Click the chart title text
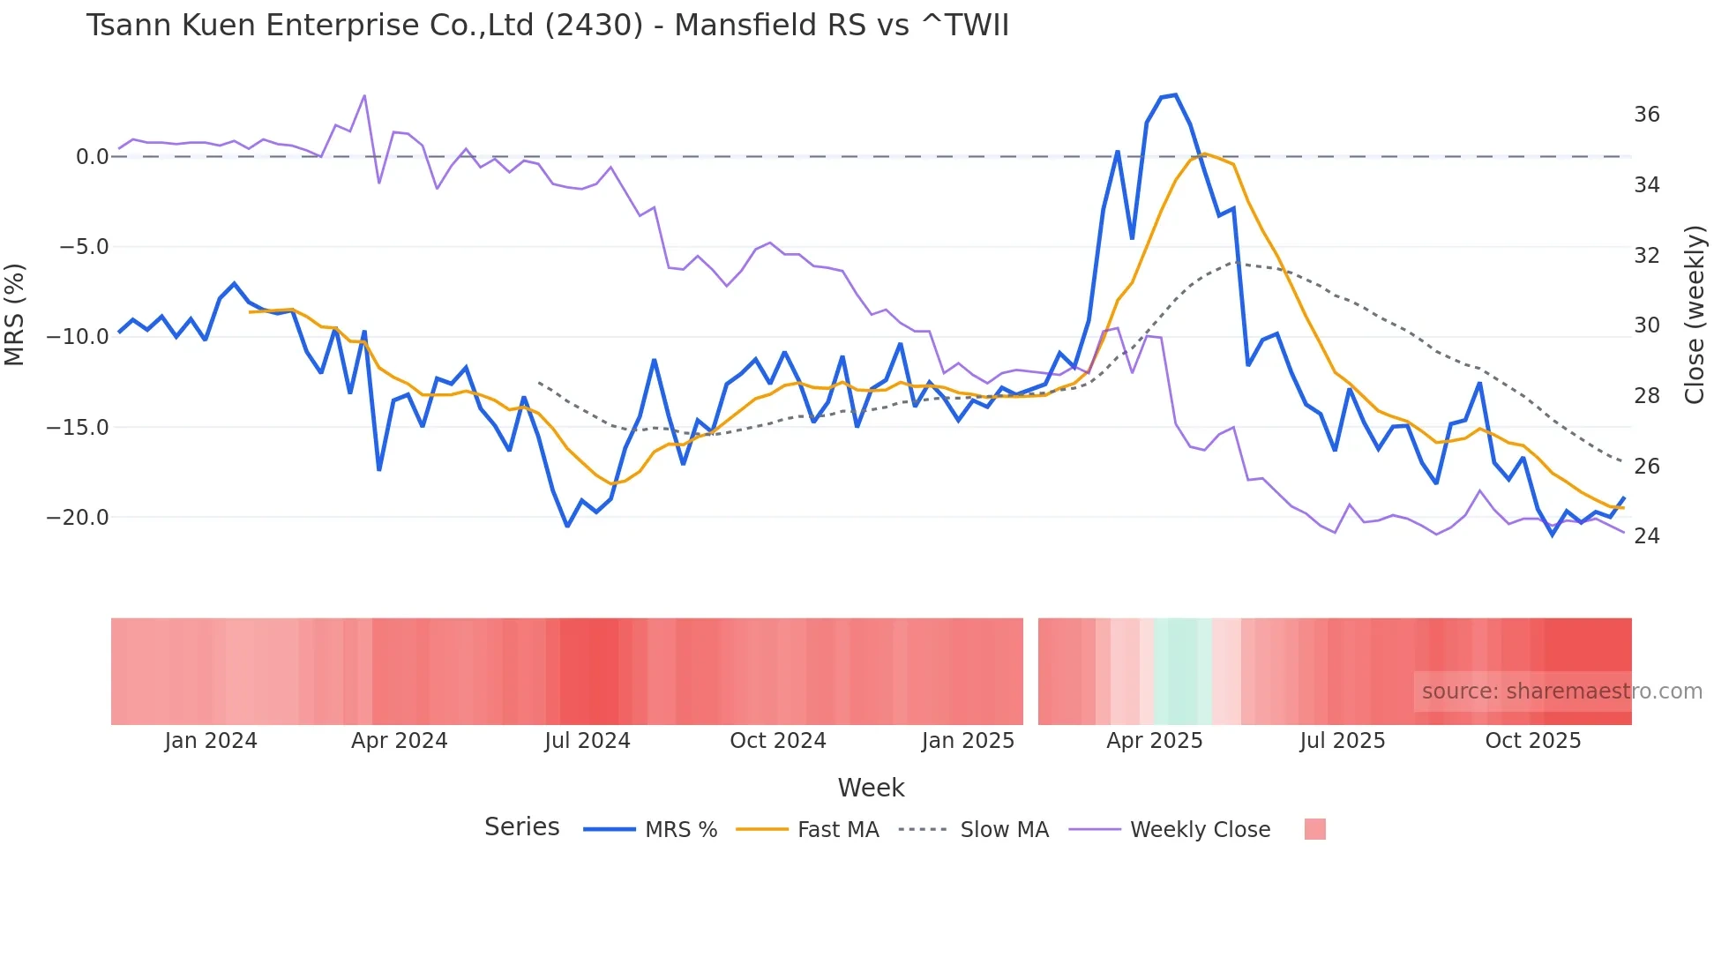coord(547,26)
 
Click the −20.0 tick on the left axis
coord(78,518)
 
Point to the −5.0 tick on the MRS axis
coord(84,247)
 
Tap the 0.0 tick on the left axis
coord(92,157)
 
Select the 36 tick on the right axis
coord(1646,115)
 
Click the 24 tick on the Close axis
coord(1646,536)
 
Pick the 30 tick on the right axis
coord(1646,325)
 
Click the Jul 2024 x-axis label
coord(587,741)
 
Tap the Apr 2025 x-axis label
coord(1154,741)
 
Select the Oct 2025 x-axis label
coord(1532,741)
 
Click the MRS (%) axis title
coord(15,314)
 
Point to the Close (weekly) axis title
coord(1694,314)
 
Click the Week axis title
coord(871,788)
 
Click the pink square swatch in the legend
coord(1314,829)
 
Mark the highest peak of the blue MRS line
coord(1175,95)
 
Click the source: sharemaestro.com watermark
coord(1561,692)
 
